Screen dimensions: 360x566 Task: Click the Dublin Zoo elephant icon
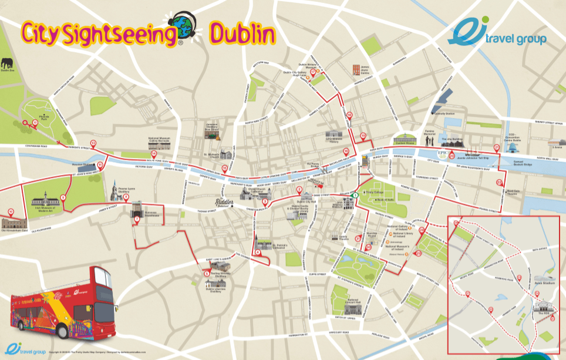(x=6, y=63)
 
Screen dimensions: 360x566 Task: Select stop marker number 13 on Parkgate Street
(x=93, y=143)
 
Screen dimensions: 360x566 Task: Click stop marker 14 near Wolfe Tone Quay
(x=153, y=154)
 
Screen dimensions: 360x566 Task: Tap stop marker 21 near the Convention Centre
(x=497, y=147)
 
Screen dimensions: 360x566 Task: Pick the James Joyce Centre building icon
(x=356, y=70)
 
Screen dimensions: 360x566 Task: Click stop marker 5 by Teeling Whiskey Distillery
(x=207, y=272)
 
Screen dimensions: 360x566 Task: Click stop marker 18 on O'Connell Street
(x=349, y=116)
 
